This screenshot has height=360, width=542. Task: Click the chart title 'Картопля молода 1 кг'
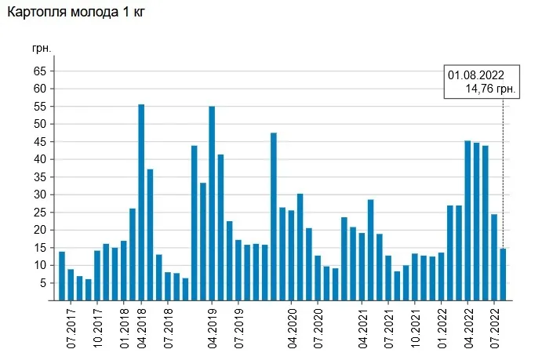[77, 13]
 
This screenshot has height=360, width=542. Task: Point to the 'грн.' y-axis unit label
[42, 48]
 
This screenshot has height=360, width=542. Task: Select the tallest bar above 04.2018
[141, 202]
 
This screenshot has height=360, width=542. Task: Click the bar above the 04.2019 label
[212, 202]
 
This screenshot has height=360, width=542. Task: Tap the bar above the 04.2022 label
[467, 220]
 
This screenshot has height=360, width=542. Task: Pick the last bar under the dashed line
[503, 274]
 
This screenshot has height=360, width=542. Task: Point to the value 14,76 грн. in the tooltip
[490, 89]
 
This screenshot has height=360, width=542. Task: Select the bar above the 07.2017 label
[71, 285]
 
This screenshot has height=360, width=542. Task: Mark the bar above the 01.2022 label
[442, 276]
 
